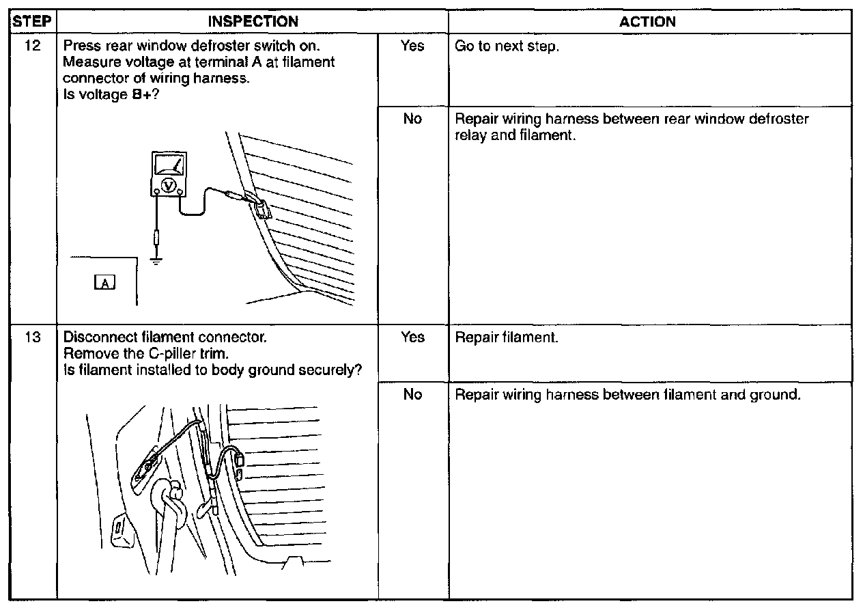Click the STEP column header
point(32,21)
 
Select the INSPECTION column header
point(253,21)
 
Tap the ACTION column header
point(647,21)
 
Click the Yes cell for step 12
point(412,46)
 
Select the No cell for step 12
point(412,119)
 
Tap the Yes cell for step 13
point(412,337)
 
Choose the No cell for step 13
point(412,395)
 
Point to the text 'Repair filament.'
point(507,338)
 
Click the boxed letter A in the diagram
point(106,282)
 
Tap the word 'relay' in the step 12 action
point(470,135)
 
